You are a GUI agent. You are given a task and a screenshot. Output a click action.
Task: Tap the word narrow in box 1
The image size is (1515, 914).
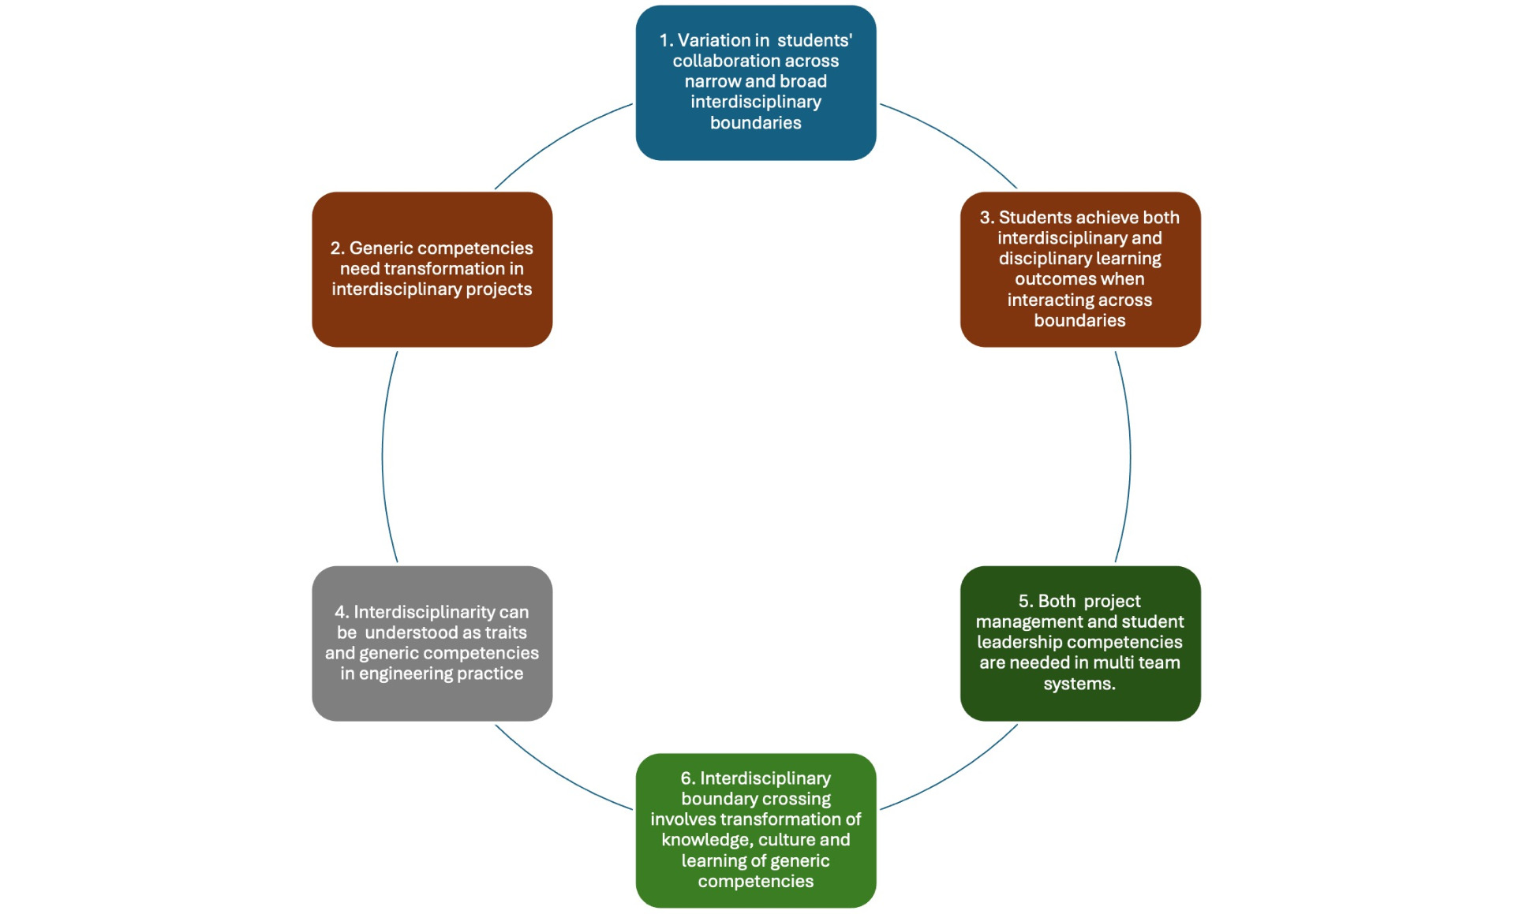click(x=713, y=81)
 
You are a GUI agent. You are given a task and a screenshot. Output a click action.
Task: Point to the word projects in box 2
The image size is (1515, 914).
click(x=499, y=290)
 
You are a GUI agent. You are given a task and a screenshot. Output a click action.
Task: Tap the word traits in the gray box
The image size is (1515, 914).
click(x=506, y=632)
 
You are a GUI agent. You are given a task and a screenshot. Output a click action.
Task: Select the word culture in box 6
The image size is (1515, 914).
click(x=786, y=840)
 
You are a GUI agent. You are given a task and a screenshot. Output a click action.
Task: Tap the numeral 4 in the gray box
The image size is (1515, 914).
click(x=340, y=613)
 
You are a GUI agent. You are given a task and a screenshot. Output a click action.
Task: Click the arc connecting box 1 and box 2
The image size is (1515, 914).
click(x=557, y=140)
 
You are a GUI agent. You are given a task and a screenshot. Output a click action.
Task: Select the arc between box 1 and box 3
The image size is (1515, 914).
click(x=955, y=140)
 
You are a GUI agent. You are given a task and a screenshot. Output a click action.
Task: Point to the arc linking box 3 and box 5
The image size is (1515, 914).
click(x=1130, y=457)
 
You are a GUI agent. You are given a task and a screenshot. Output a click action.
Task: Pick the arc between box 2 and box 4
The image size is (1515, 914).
click(x=383, y=457)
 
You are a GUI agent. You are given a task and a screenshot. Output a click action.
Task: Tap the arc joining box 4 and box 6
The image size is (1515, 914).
click(x=557, y=774)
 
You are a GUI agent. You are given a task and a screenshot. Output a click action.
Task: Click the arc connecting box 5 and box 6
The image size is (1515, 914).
click(x=955, y=774)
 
